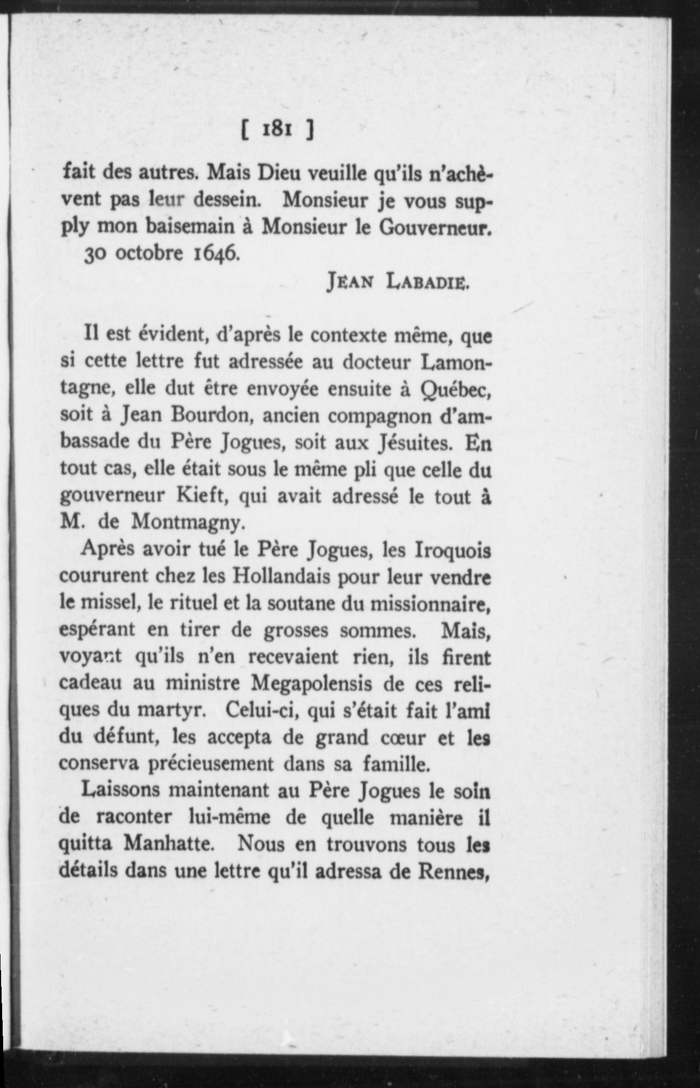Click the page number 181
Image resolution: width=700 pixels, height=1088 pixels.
click(276, 130)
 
